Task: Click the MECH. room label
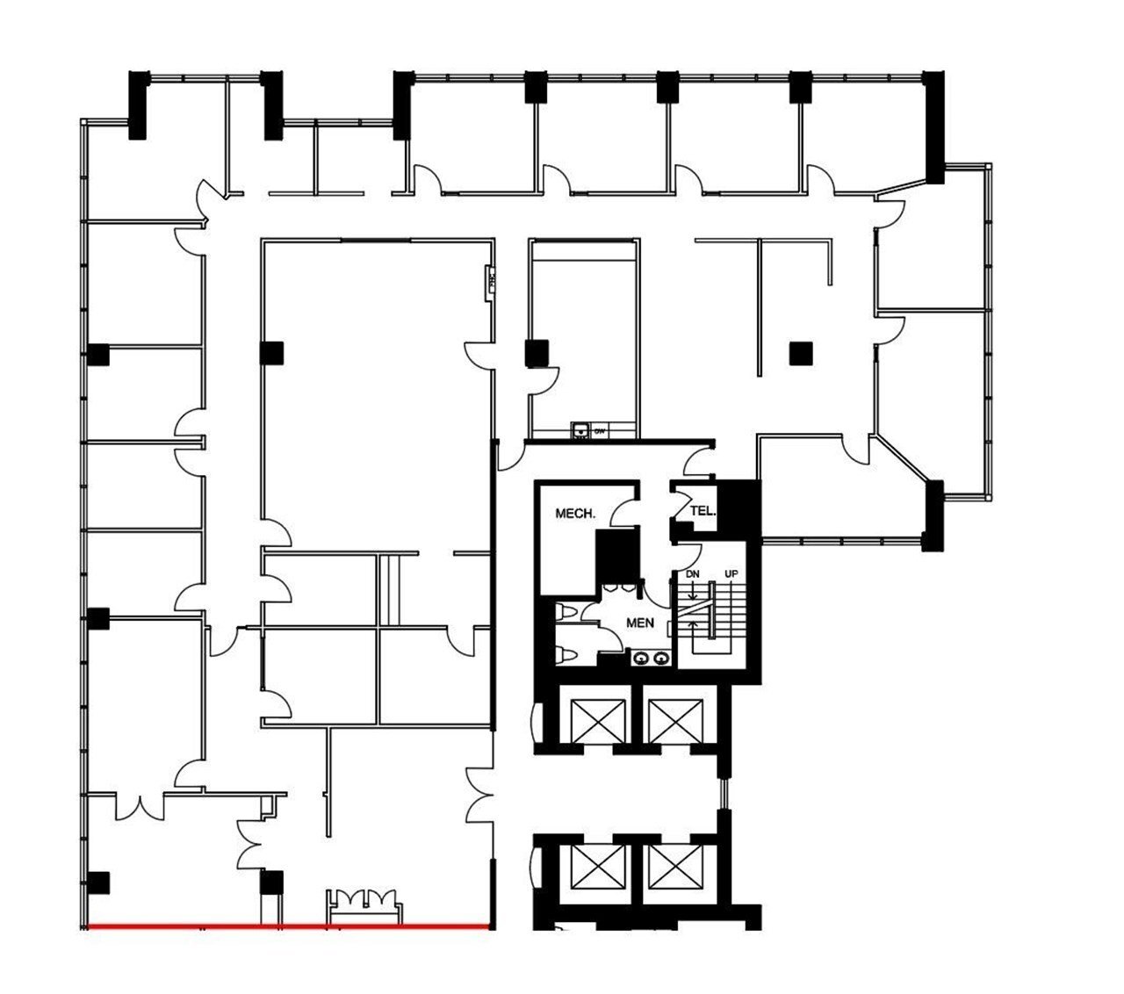pos(575,513)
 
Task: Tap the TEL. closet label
pos(702,510)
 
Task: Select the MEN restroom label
pos(639,623)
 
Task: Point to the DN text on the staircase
pos(691,573)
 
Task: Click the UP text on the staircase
pos(731,573)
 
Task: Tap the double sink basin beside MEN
pos(652,657)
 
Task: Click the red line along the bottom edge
pos(290,926)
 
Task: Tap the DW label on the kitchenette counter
pos(600,431)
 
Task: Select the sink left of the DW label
pos(580,430)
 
